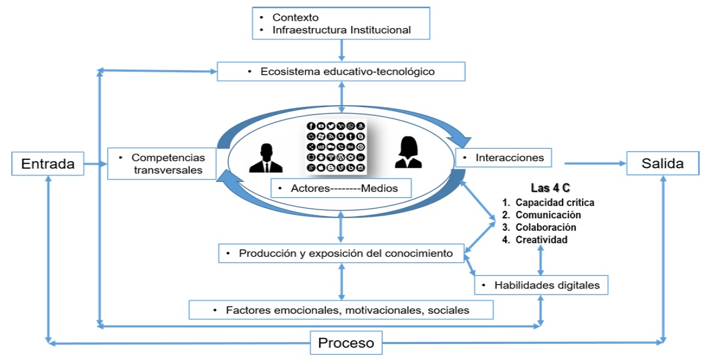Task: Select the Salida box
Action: tap(661, 163)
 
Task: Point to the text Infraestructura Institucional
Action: tap(341, 29)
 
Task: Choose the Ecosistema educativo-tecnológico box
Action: tap(341, 72)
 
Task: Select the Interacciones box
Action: tap(504, 158)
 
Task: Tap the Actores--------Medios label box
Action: tap(340, 188)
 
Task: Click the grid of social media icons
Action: tap(336, 147)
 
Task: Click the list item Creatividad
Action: tap(541, 240)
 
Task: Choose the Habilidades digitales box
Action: tap(542, 284)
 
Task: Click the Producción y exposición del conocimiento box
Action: tap(341, 254)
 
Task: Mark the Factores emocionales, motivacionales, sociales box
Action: tap(341, 310)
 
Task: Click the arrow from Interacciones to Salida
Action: tap(592, 163)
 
